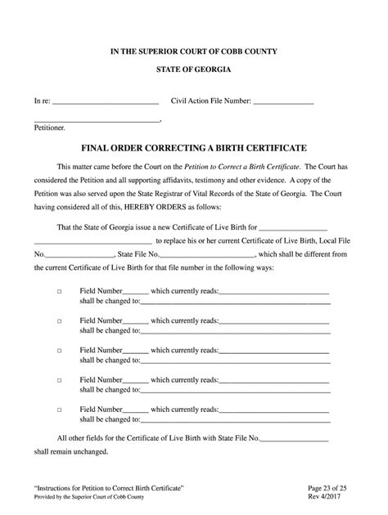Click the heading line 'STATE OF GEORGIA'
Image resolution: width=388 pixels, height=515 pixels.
point(194,73)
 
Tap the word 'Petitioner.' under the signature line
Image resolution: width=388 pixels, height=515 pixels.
point(51,128)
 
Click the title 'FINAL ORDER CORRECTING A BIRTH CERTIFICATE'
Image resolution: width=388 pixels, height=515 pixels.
point(193,150)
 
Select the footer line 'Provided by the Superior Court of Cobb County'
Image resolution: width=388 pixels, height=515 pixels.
point(101,498)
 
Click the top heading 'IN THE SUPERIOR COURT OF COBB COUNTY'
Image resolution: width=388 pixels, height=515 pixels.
point(194,51)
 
